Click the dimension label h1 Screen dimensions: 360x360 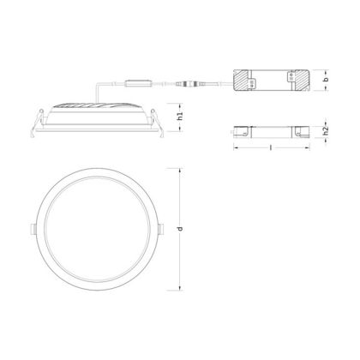pos(180,117)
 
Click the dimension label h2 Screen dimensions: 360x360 pos(325,131)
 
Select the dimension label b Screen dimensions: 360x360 pos(325,80)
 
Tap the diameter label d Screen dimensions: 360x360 pos(180,229)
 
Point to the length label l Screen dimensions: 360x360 pos(270,147)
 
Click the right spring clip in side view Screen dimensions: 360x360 pos(158,123)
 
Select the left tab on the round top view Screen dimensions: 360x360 pos(33,229)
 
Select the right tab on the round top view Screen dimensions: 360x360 pos(161,229)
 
